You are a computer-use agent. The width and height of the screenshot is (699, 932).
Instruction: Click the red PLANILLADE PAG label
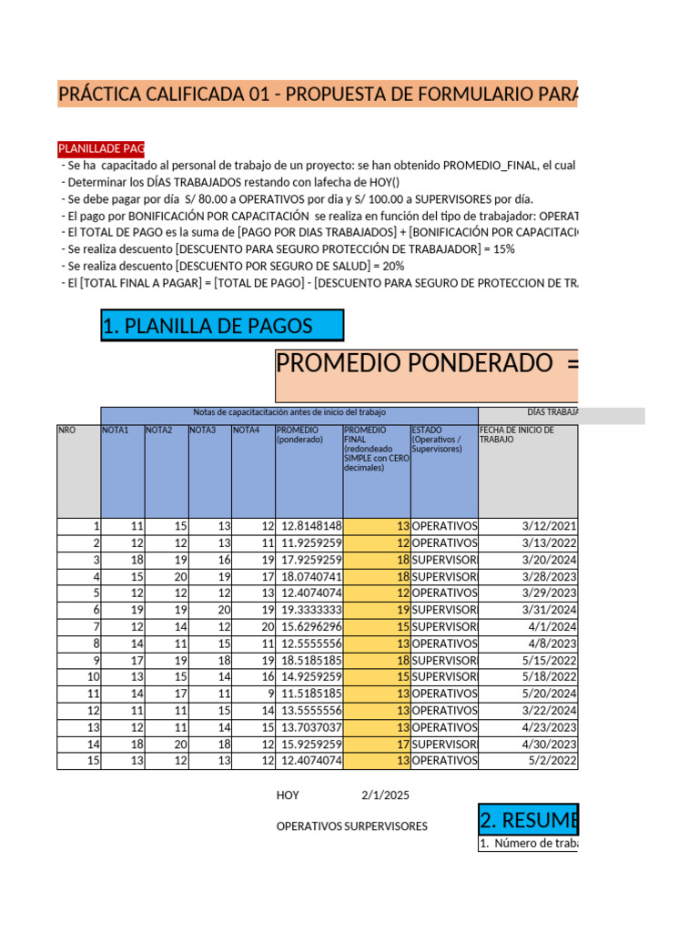pos(100,148)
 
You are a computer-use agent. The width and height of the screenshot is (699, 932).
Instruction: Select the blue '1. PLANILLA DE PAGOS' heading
pos(222,326)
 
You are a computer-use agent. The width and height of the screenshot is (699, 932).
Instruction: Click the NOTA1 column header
pos(116,431)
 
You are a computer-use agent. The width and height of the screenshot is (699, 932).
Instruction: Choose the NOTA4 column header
pos(247,431)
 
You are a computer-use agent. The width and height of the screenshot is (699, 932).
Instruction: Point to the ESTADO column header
pos(443,439)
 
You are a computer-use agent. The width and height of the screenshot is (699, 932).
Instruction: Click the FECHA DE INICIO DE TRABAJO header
pos(527,435)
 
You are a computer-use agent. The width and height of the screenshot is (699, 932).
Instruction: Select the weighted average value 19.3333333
pos(310,610)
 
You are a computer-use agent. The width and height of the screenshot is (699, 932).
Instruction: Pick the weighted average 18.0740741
pos(310,576)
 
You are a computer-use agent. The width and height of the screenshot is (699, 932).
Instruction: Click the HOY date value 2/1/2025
pos(385,795)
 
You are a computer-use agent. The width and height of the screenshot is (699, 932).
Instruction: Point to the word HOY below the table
pos(288,795)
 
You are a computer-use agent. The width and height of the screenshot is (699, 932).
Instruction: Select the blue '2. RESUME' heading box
pos(528,820)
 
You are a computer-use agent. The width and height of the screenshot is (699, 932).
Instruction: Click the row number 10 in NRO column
pos(92,677)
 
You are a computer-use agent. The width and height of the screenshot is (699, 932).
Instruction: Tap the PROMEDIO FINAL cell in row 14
pos(376,745)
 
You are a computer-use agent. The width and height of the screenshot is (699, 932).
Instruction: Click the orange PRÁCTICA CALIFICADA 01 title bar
pos(317,94)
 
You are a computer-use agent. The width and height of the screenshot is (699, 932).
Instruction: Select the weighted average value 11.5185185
pos(310,694)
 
